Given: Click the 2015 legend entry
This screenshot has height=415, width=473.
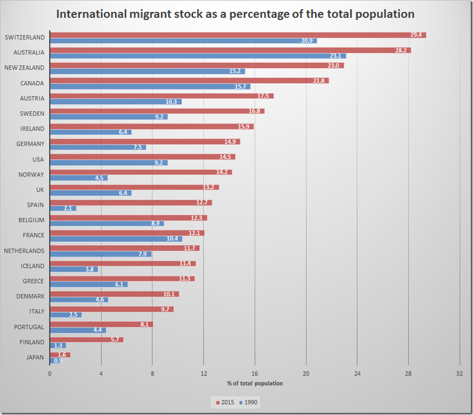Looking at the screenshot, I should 224,402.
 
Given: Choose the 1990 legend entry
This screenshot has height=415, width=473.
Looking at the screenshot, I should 248,402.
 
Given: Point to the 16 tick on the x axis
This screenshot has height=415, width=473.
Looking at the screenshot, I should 255,374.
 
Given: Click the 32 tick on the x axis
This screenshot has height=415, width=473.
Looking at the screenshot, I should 460,374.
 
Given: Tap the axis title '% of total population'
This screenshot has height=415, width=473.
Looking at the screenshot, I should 255,383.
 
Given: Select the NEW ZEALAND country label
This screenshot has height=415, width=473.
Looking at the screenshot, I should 24,68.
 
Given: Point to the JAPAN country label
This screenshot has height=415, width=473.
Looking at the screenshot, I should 35,358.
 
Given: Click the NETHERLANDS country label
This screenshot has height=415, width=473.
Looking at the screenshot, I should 24,251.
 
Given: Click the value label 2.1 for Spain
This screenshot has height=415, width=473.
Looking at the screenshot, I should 67,209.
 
